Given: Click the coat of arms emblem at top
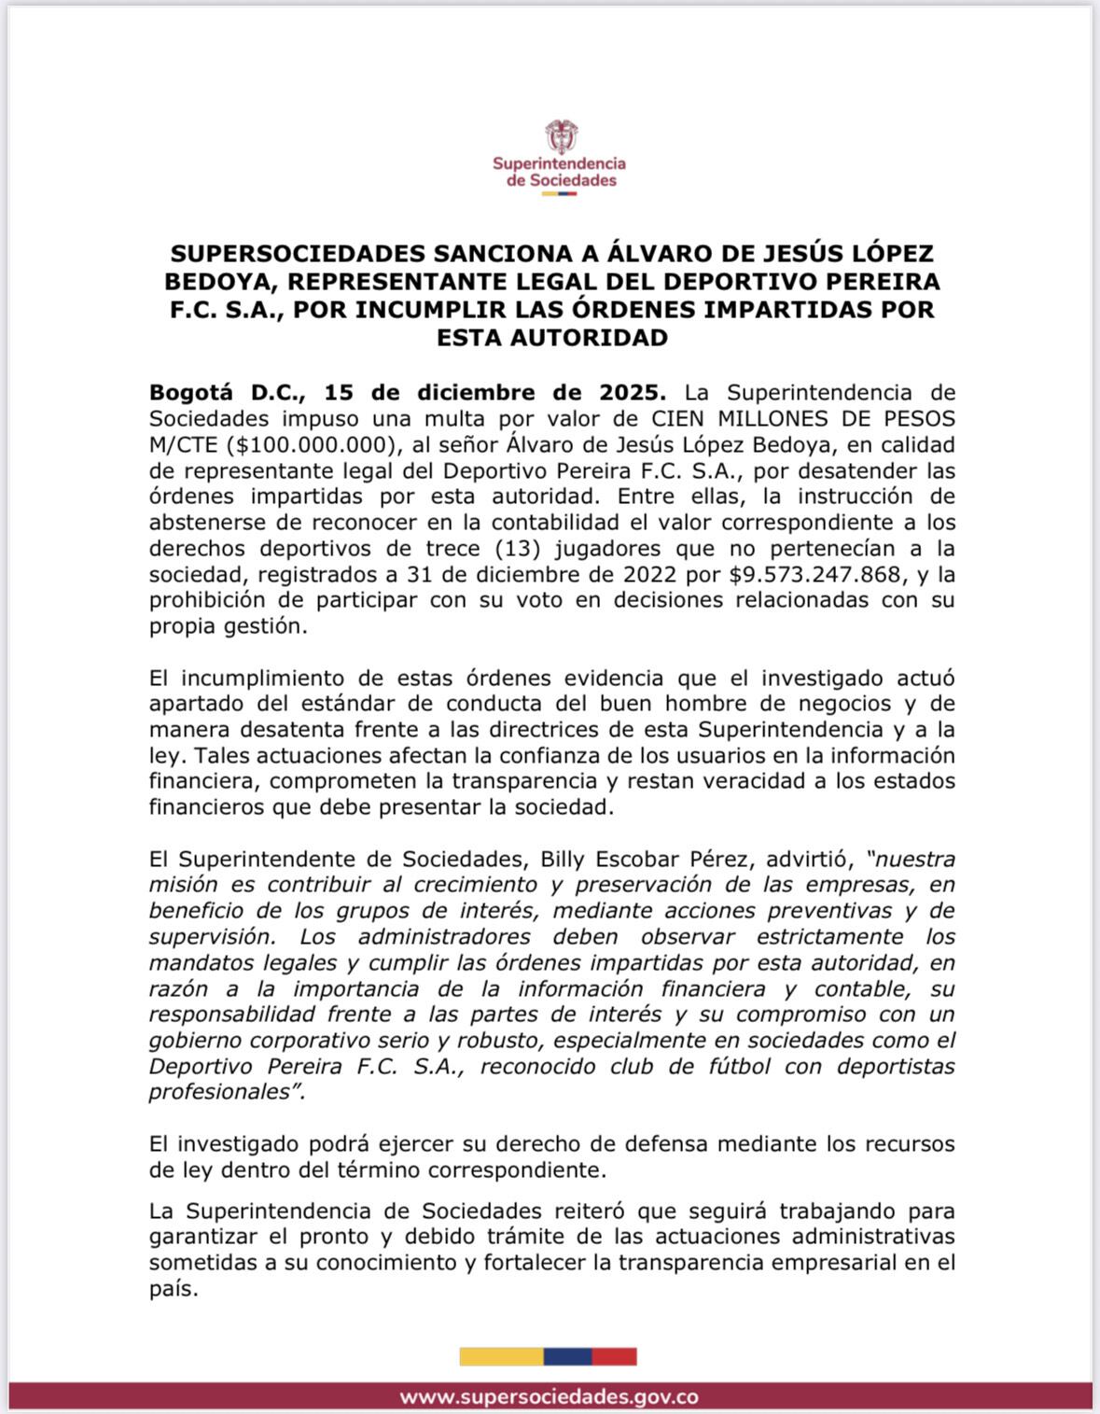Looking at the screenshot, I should [561, 136].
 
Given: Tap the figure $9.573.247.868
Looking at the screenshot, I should [815, 574].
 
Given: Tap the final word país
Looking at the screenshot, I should [173, 1290].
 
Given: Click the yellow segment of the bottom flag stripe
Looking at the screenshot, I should [501, 1356].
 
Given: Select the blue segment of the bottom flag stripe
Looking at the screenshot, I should [567, 1356].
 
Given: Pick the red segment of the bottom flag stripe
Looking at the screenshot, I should [614, 1356].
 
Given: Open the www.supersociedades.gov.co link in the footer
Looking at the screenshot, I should [550, 1397].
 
